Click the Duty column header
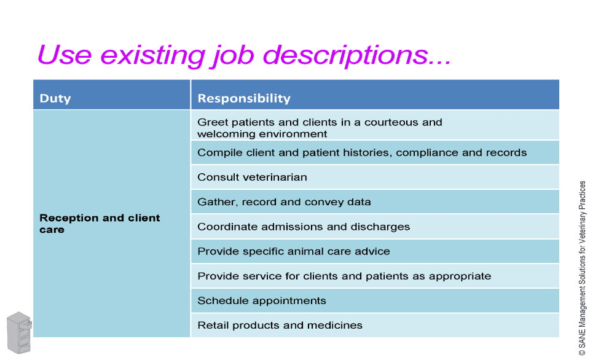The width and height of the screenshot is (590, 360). (55, 98)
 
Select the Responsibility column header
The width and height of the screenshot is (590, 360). (244, 98)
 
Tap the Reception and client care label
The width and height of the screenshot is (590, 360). (100, 224)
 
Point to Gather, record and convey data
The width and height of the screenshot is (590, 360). (284, 202)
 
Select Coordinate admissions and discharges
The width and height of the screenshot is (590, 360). (304, 227)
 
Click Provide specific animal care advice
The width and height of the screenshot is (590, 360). (294, 251)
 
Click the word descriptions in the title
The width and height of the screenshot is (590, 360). (356, 55)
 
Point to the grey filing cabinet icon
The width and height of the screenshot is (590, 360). (19, 332)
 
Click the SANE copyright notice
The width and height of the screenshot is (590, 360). (582, 268)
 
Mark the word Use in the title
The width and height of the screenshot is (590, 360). (65, 55)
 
